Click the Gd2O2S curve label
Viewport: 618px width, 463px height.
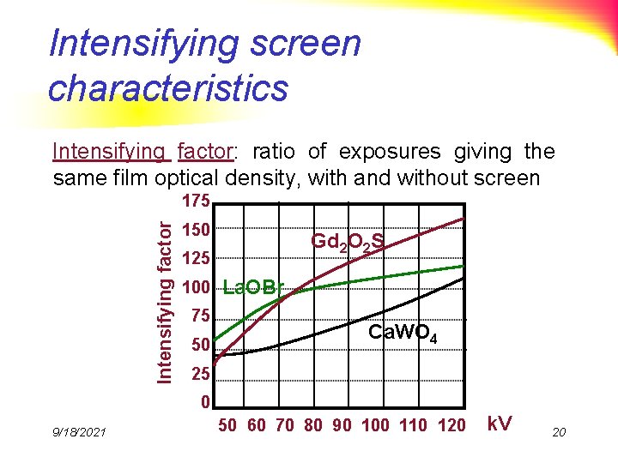(346, 244)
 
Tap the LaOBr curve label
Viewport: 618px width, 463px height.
(251, 287)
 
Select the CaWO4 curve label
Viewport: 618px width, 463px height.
(403, 334)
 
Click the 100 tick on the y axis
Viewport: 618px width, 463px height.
(198, 287)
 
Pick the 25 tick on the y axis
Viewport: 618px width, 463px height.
(200, 375)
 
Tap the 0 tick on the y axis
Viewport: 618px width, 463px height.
(204, 402)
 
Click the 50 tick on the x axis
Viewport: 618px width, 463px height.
(227, 425)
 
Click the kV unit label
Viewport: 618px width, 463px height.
(500, 424)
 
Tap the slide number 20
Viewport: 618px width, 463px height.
(559, 432)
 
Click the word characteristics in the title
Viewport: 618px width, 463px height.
(168, 87)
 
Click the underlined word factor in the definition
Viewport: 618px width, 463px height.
(203, 152)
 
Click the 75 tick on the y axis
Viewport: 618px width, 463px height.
(200, 316)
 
